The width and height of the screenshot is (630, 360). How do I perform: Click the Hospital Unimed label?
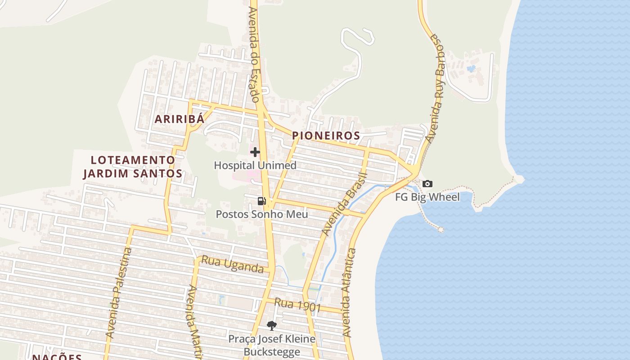pos(255,165)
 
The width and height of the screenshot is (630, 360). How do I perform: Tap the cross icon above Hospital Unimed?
pos(255,152)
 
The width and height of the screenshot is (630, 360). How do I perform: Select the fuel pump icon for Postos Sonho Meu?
pos(261,201)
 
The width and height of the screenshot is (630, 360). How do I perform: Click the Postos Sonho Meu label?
pos(262,214)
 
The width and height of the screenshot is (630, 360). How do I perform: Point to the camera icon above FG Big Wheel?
pos(427,184)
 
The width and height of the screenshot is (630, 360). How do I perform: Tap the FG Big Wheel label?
pos(427,197)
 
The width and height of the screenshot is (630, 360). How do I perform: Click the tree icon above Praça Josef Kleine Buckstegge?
pos(271,325)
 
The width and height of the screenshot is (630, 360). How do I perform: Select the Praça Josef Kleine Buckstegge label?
pos(271,345)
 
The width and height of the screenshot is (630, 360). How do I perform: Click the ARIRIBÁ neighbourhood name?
pos(180,119)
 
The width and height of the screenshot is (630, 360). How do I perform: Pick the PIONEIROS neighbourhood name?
pos(326,135)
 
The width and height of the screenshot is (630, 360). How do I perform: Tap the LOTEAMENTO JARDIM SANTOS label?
pos(133,166)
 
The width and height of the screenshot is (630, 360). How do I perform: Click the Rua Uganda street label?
pos(232,265)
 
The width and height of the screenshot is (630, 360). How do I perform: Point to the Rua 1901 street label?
pos(297,305)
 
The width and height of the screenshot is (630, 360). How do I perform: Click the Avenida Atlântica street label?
pos(349,292)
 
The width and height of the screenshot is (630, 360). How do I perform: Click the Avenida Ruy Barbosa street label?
pos(437,88)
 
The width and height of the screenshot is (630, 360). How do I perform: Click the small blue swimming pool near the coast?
pos(471,69)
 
